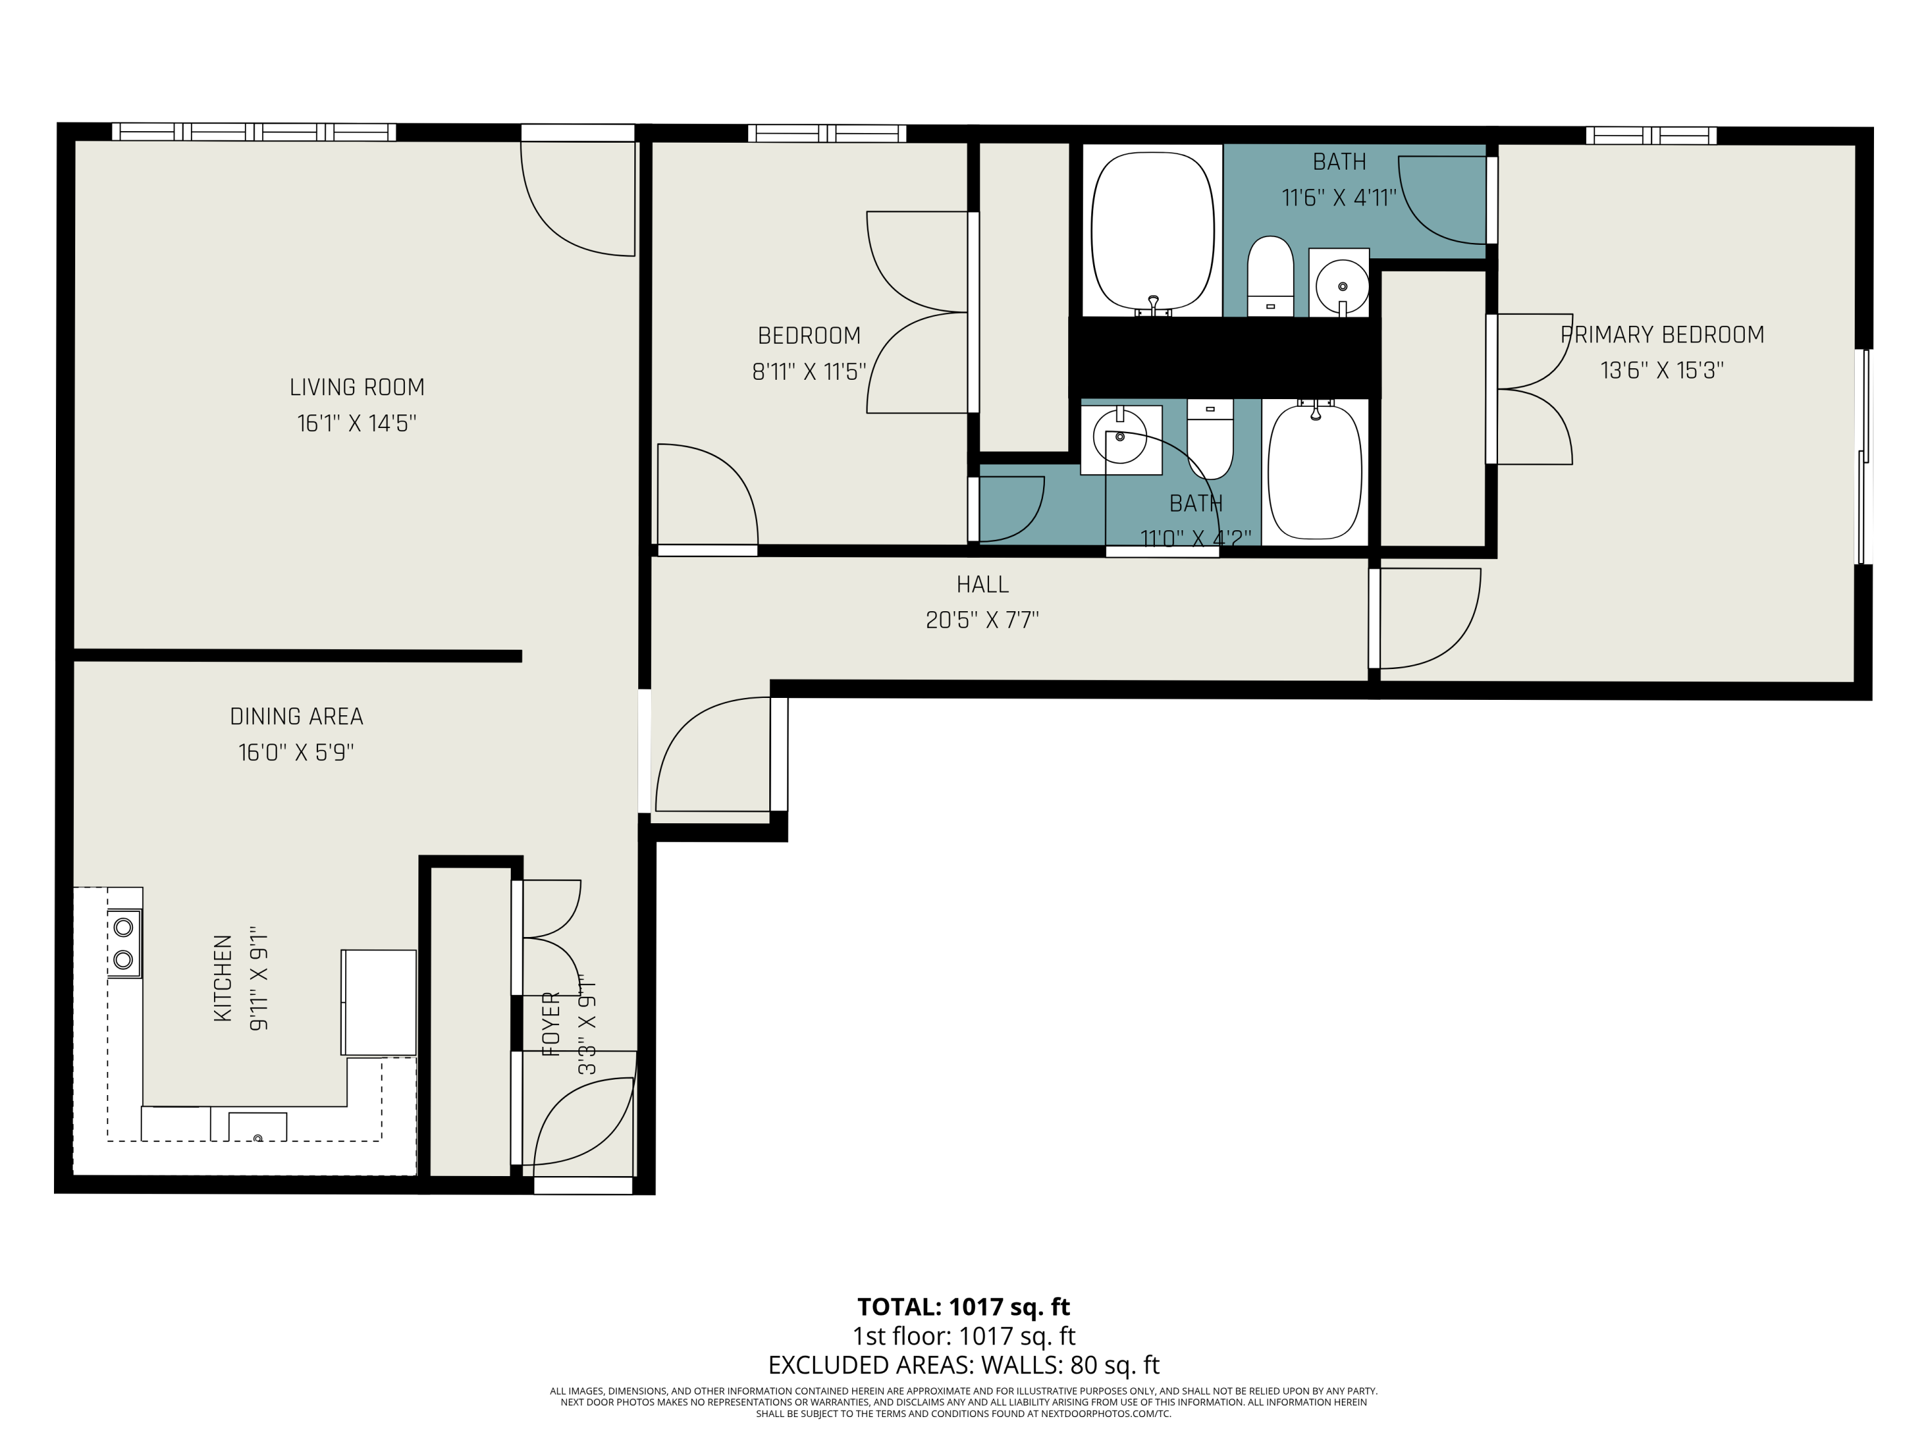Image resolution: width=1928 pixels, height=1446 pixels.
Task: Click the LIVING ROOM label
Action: tap(357, 387)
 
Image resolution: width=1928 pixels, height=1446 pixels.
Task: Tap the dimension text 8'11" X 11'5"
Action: tap(809, 372)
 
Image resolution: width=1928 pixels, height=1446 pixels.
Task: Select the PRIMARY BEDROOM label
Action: tap(1662, 335)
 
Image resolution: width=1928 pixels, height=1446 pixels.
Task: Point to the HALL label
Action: tap(982, 584)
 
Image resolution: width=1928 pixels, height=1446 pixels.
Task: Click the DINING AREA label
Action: tap(296, 717)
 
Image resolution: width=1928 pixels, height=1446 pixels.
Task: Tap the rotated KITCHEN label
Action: tap(223, 978)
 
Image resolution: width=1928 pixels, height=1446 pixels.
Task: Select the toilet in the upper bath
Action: tap(1270, 276)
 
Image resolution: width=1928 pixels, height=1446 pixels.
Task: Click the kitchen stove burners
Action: tap(124, 942)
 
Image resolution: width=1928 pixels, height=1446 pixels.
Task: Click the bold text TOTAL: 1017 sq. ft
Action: tap(963, 1307)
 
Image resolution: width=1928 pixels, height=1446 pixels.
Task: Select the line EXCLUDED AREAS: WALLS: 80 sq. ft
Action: tap(963, 1364)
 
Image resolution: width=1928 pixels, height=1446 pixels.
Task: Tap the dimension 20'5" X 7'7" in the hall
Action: tap(982, 620)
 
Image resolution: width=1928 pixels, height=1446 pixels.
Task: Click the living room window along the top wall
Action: tap(254, 132)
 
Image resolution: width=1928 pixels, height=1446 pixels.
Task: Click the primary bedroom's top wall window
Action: tap(1651, 136)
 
